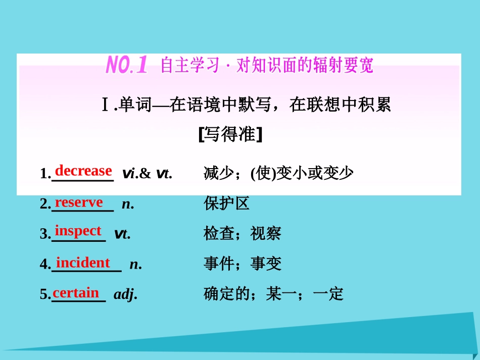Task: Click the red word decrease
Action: (x=83, y=171)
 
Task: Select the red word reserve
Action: (x=79, y=202)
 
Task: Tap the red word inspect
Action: (x=78, y=231)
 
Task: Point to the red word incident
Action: (x=83, y=263)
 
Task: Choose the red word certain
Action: (x=76, y=292)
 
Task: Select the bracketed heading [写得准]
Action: (x=230, y=134)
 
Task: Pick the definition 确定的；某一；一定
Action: (x=273, y=293)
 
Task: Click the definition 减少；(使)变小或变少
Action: (x=278, y=173)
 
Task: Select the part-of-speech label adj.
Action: (x=125, y=294)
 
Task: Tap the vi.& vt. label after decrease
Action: (x=147, y=174)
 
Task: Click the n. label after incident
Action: (x=135, y=264)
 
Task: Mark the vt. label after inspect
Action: (x=122, y=233)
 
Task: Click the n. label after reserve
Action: (x=127, y=203)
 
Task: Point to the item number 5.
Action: (x=43, y=294)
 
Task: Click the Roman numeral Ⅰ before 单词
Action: (x=105, y=106)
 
